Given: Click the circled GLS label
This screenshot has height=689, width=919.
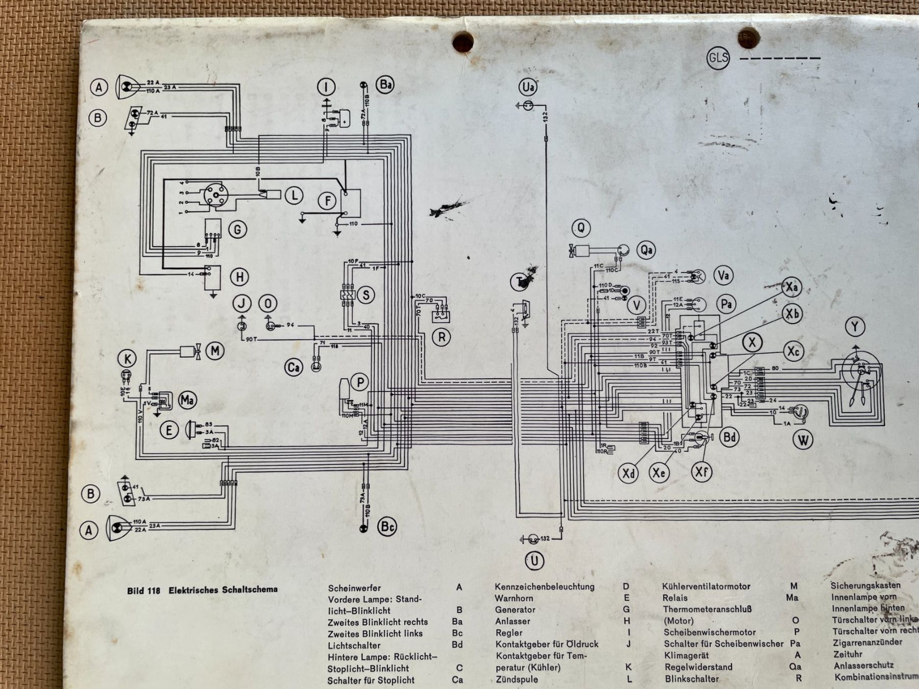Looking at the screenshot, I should coord(718,58).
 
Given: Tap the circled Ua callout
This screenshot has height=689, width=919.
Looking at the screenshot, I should coord(528,87).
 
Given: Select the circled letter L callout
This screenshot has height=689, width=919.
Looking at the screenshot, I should coord(294,195).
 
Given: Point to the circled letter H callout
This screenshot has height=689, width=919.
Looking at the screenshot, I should coord(239,277).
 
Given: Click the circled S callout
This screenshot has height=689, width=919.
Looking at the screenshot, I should coord(366,294).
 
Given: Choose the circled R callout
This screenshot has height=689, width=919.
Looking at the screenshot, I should coord(441,337).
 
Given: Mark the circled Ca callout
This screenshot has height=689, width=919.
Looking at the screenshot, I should coord(294,367).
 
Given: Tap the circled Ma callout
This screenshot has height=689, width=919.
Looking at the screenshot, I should coord(187,400).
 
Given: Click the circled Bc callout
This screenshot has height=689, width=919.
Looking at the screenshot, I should coord(388,527).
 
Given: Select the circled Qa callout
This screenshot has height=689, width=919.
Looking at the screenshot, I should coord(646,250).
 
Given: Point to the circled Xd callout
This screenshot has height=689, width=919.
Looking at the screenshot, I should coord(629,473).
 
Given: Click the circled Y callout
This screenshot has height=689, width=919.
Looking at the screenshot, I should coord(855,327).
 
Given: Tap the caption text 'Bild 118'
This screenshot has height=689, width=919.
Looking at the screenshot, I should coord(143,590).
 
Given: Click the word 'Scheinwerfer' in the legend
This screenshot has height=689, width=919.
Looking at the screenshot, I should coord(354,588).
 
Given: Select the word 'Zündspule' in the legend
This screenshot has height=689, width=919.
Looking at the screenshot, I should coord(517,679).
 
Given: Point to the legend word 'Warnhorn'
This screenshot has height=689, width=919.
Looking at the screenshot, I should coord(514,598).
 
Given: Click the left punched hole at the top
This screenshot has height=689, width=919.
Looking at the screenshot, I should coord(463,41).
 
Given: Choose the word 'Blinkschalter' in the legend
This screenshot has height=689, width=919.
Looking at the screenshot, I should coord(691,679).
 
